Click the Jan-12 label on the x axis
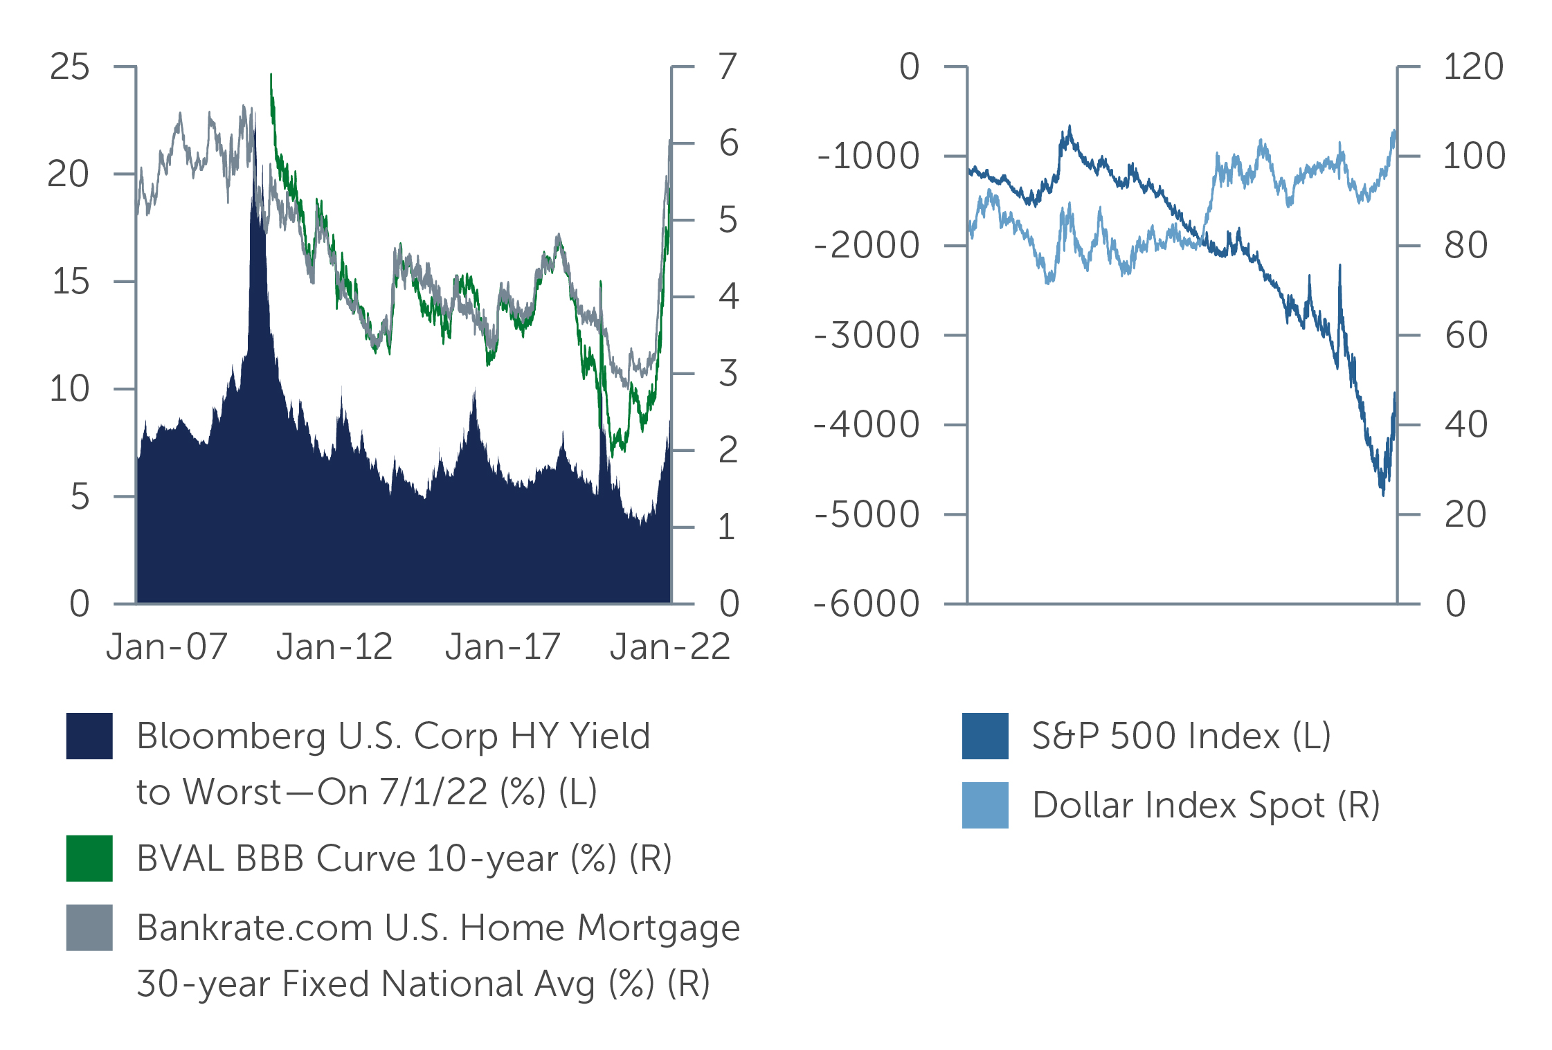(334, 647)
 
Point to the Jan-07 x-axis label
(167, 647)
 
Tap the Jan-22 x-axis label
(669, 647)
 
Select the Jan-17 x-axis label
(503, 647)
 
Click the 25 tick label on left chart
(70, 67)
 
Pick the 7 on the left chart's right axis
(728, 67)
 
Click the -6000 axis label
(867, 604)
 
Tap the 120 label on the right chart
(1473, 67)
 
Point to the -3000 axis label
(867, 336)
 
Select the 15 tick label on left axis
(70, 282)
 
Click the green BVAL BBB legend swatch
(89, 858)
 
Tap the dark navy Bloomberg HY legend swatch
(89, 736)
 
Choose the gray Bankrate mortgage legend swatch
(89, 927)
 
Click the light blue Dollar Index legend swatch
(985, 805)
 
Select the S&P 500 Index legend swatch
(985, 736)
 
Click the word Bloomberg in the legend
(231, 736)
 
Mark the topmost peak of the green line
(271, 75)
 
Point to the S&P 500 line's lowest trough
(1383, 494)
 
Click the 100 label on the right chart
(1474, 156)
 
